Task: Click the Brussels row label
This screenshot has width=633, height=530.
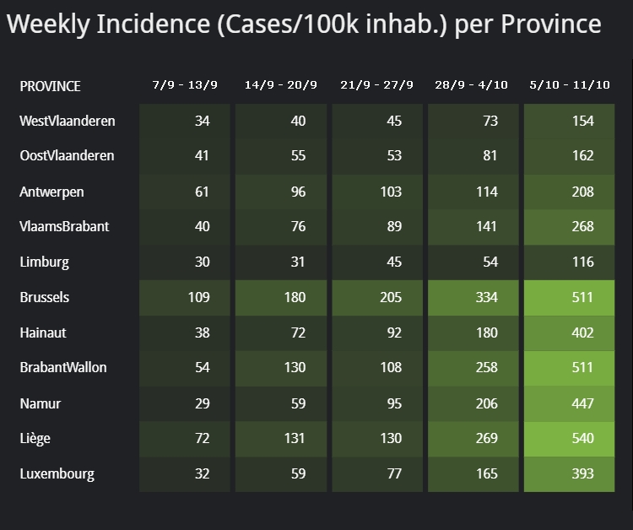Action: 45,297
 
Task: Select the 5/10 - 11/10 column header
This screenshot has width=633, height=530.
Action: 570,85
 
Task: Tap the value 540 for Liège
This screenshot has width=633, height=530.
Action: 582,438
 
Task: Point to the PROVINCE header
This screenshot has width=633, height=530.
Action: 51,86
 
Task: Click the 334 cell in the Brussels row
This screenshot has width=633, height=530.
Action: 486,297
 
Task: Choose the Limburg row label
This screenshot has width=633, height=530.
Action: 44,262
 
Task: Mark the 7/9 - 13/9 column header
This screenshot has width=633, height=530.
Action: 184,85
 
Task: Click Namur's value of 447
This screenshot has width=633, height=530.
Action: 582,403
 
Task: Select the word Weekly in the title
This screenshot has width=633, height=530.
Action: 47,24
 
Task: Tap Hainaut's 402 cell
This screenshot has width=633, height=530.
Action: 582,333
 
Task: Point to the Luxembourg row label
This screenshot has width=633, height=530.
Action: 57,473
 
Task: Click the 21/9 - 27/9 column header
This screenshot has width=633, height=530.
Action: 376,85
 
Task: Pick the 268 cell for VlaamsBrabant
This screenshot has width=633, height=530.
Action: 582,226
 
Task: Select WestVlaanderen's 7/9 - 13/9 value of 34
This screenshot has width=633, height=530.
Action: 202,121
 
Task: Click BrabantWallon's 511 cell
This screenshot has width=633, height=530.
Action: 582,367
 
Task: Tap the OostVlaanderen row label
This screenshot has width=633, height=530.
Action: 67,156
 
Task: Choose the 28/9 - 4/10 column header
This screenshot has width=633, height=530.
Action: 472,85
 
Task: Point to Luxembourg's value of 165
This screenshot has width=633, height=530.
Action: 486,473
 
